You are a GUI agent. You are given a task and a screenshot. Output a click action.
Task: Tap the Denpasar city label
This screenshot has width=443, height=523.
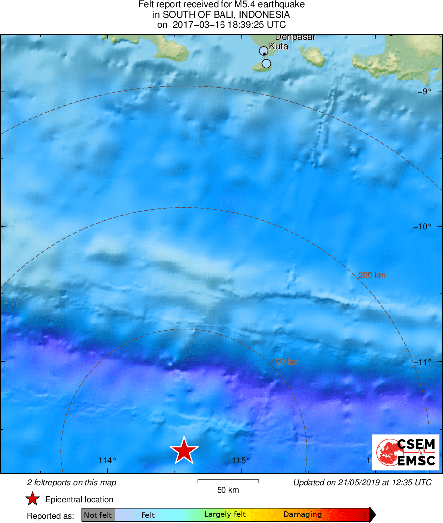click(288, 37)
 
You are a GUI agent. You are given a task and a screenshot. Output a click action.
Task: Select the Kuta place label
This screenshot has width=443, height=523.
click(278, 47)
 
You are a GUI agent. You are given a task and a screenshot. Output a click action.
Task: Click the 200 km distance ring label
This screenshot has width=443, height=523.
click(372, 275)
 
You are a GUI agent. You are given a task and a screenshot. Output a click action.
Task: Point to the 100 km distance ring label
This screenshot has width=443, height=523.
click(285, 362)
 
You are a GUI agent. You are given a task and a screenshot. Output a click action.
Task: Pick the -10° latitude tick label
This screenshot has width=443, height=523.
click(422, 226)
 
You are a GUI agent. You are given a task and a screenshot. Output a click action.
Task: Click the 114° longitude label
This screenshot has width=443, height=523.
click(107, 460)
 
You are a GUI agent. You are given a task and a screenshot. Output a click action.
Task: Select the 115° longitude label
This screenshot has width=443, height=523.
click(241, 460)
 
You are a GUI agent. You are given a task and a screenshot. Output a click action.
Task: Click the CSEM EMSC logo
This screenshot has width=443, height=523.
click(405, 452)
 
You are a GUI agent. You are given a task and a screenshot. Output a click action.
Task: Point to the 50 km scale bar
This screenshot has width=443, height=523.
click(228, 481)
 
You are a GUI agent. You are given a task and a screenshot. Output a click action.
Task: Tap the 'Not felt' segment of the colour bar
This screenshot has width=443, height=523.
click(98, 515)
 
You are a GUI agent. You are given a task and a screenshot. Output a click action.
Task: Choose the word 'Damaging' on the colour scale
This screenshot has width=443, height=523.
click(302, 515)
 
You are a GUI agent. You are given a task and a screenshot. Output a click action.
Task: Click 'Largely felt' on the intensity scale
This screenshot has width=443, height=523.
click(224, 515)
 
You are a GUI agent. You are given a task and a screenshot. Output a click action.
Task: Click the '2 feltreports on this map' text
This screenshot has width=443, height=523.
click(71, 482)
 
